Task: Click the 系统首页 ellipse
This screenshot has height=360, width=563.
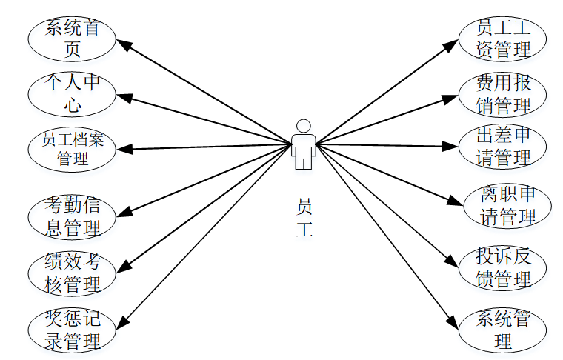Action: tap(72, 39)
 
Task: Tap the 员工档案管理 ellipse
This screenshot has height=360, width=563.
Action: tap(72, 148)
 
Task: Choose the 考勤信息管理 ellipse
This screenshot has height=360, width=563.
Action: tap(72, 216)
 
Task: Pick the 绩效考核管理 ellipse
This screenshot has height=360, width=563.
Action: tap(72, 273)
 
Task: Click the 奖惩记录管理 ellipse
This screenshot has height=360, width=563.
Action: tap(72, 330)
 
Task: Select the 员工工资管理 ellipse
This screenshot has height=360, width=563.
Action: tap(503, 39)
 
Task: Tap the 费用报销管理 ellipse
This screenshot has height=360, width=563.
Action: tap(503, 94)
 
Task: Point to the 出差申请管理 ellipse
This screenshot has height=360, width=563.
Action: tap(503, 147)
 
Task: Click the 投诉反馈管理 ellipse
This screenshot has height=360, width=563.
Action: tap(503, 267)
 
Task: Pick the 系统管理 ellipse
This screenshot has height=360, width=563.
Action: tap(503, 330)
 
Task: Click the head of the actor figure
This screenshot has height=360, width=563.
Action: tap(302, 125)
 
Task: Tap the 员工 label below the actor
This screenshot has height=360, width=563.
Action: tap(304, 218)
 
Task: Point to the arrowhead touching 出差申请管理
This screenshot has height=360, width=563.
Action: tap(453, 147)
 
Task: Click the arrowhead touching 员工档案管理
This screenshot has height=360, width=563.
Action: tap(123, 150)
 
